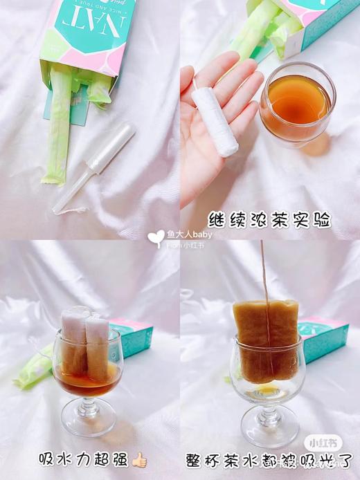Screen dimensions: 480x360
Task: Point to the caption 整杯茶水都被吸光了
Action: tap(270, 459)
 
